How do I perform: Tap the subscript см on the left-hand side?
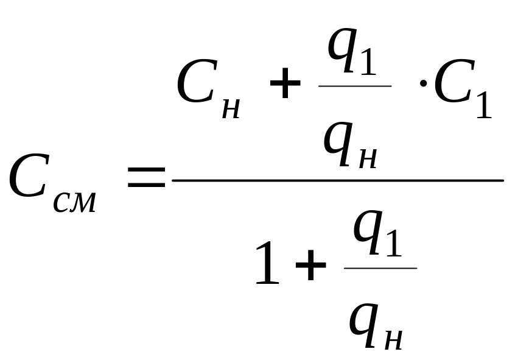[75, 202]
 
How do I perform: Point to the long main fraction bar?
[338, 180]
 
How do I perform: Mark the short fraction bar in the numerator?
[355, 86]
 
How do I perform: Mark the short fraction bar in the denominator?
[380, 267]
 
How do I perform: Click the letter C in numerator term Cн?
[197, 85]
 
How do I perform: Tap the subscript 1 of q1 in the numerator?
[365, 61]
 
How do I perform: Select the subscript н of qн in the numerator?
[366, 158]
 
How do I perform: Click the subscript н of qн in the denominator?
[393, 339]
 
